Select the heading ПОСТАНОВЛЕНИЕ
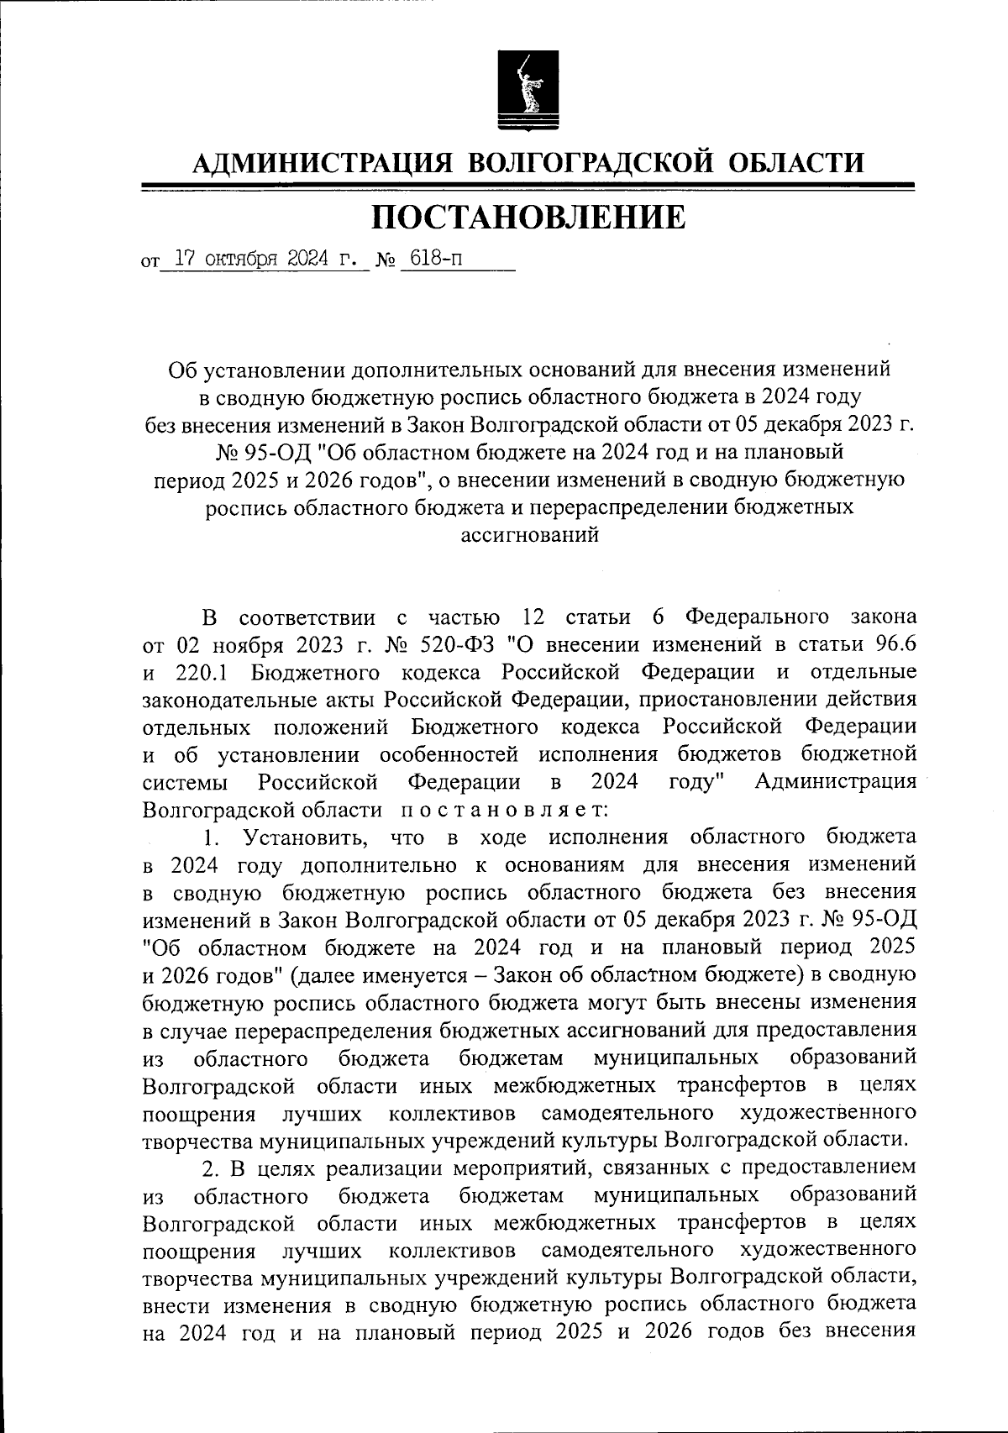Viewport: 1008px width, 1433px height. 528,218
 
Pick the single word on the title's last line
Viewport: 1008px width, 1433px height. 530,535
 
